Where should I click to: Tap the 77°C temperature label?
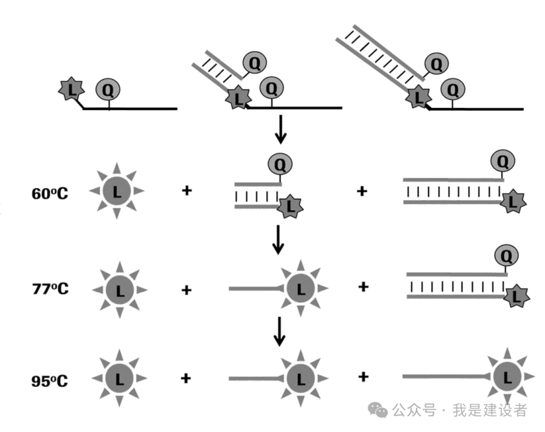pyautogui.click(x=49, y=289)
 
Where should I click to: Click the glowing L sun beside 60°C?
pyautogui.click(x=117, y=191)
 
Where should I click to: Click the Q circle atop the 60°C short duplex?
pyautogui.click(x=280, y=164)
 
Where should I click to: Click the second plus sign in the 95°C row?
pyautogui.click(x=362, y=376)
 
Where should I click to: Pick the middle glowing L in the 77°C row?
pyautogui.click(x=301, y=289)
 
